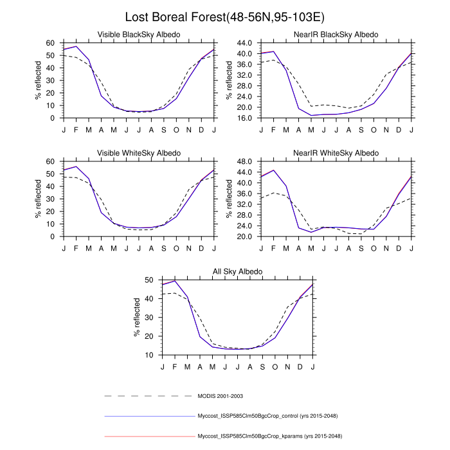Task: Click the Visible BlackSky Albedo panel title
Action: pos(138,34)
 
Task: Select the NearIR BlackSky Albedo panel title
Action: pos(336,34)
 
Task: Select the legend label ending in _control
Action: pos(270,416)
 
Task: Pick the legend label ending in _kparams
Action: pos(270,437)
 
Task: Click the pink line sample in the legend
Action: pos(148,437)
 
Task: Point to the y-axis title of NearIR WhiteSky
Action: pos(230,199)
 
